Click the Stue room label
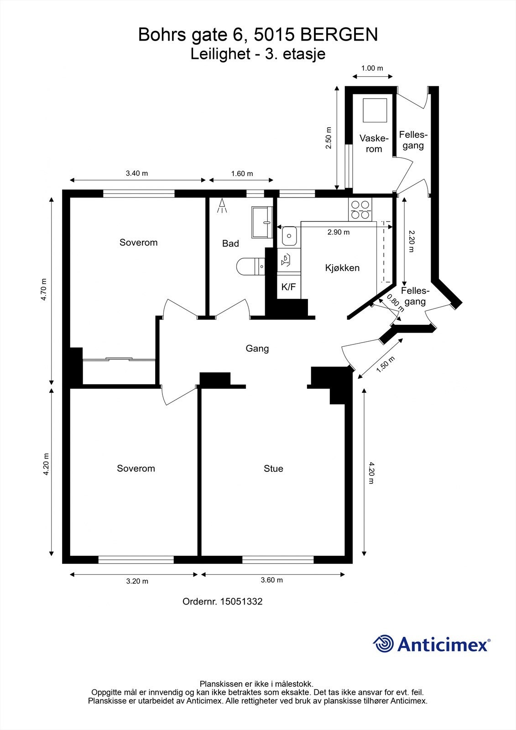point(273,469)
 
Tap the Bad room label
point(230,244)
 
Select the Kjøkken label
point(342,268)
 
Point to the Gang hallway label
point(257,349)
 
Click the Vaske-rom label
point(374,144)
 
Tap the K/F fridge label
point(288,287)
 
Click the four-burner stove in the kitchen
point(360,209)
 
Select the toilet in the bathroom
point(250,266)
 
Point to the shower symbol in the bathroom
point(222,206)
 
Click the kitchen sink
point(289,236)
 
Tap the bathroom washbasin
point(262,222)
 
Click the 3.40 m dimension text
point(137,173)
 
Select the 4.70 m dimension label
point(44,289)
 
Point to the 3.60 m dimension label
point(272,580)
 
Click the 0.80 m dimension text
point(395,303)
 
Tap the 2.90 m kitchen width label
point(339,232)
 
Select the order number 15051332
point(241,602)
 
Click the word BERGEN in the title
point(339,35)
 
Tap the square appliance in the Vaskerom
point(375,110)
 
